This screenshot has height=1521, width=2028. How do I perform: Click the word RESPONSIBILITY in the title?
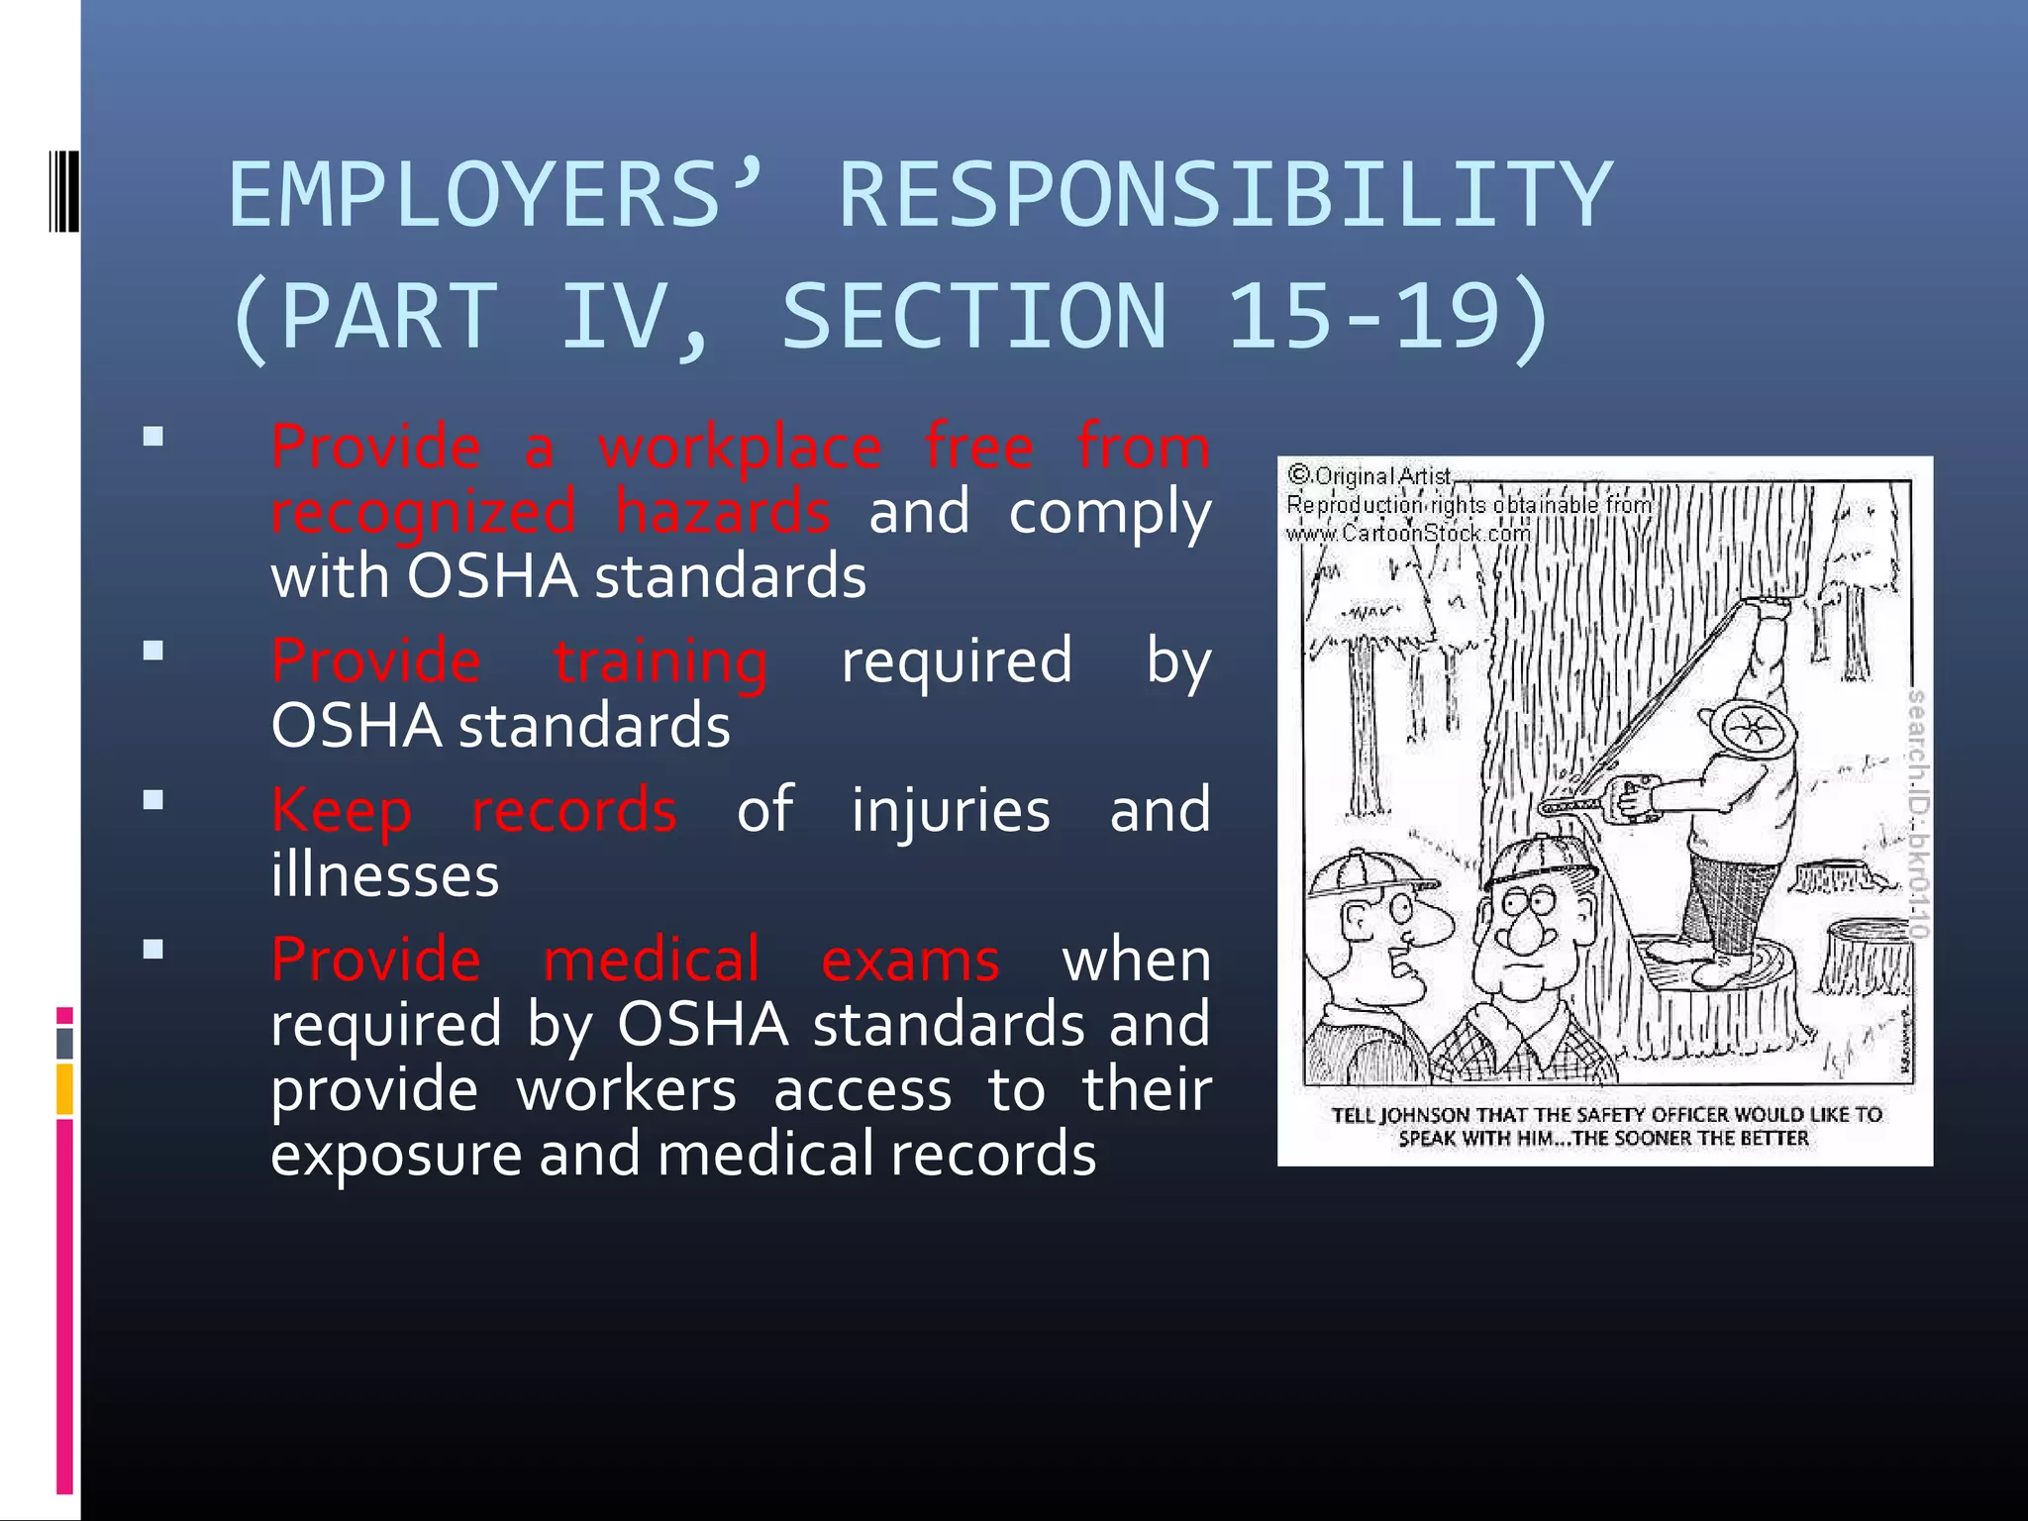pyautogui.click(x=1226, y=195)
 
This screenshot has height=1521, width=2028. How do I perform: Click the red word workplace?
pyautogui.click(x=740, y=448)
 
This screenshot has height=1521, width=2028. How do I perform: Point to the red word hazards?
pyautogui.click(x=723, y=513)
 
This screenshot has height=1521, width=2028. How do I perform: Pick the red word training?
pyautogui.click(x=660, y=661)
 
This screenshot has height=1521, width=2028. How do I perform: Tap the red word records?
pyautogui.click(x=574, y=810)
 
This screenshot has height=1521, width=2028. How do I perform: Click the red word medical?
pyautogui.click(x=652, y=960)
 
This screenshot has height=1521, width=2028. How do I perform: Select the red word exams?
pyautogui.click(x=910, y=960)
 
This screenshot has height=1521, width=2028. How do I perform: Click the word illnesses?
pyautogui.click(x=385, y=875)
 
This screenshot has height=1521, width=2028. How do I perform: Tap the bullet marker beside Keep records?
pyautogui.click(x=152, y=800)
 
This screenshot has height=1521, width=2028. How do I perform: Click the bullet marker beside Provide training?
pyautogui.click(x=152, y=651)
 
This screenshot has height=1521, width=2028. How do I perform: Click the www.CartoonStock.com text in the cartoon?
pyautogui.click(x=1407, y=534)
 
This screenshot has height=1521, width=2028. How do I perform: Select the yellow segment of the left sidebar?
pyautogui.click(x=64, y=1088)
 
